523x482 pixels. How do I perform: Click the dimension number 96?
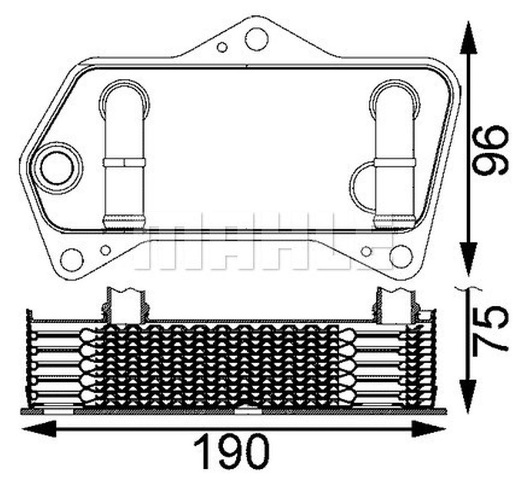pos(489,150)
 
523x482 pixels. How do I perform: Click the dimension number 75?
pos(489,329)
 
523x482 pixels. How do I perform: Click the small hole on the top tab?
pos(222,47)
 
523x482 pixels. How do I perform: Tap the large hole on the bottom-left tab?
pos(72,258)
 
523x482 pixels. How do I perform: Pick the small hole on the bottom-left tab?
pos(105,249)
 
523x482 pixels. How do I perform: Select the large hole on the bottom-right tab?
pos(400,255)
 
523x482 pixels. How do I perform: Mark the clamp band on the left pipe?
pos(124,162)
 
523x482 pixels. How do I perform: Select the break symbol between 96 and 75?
pos(469,288)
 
